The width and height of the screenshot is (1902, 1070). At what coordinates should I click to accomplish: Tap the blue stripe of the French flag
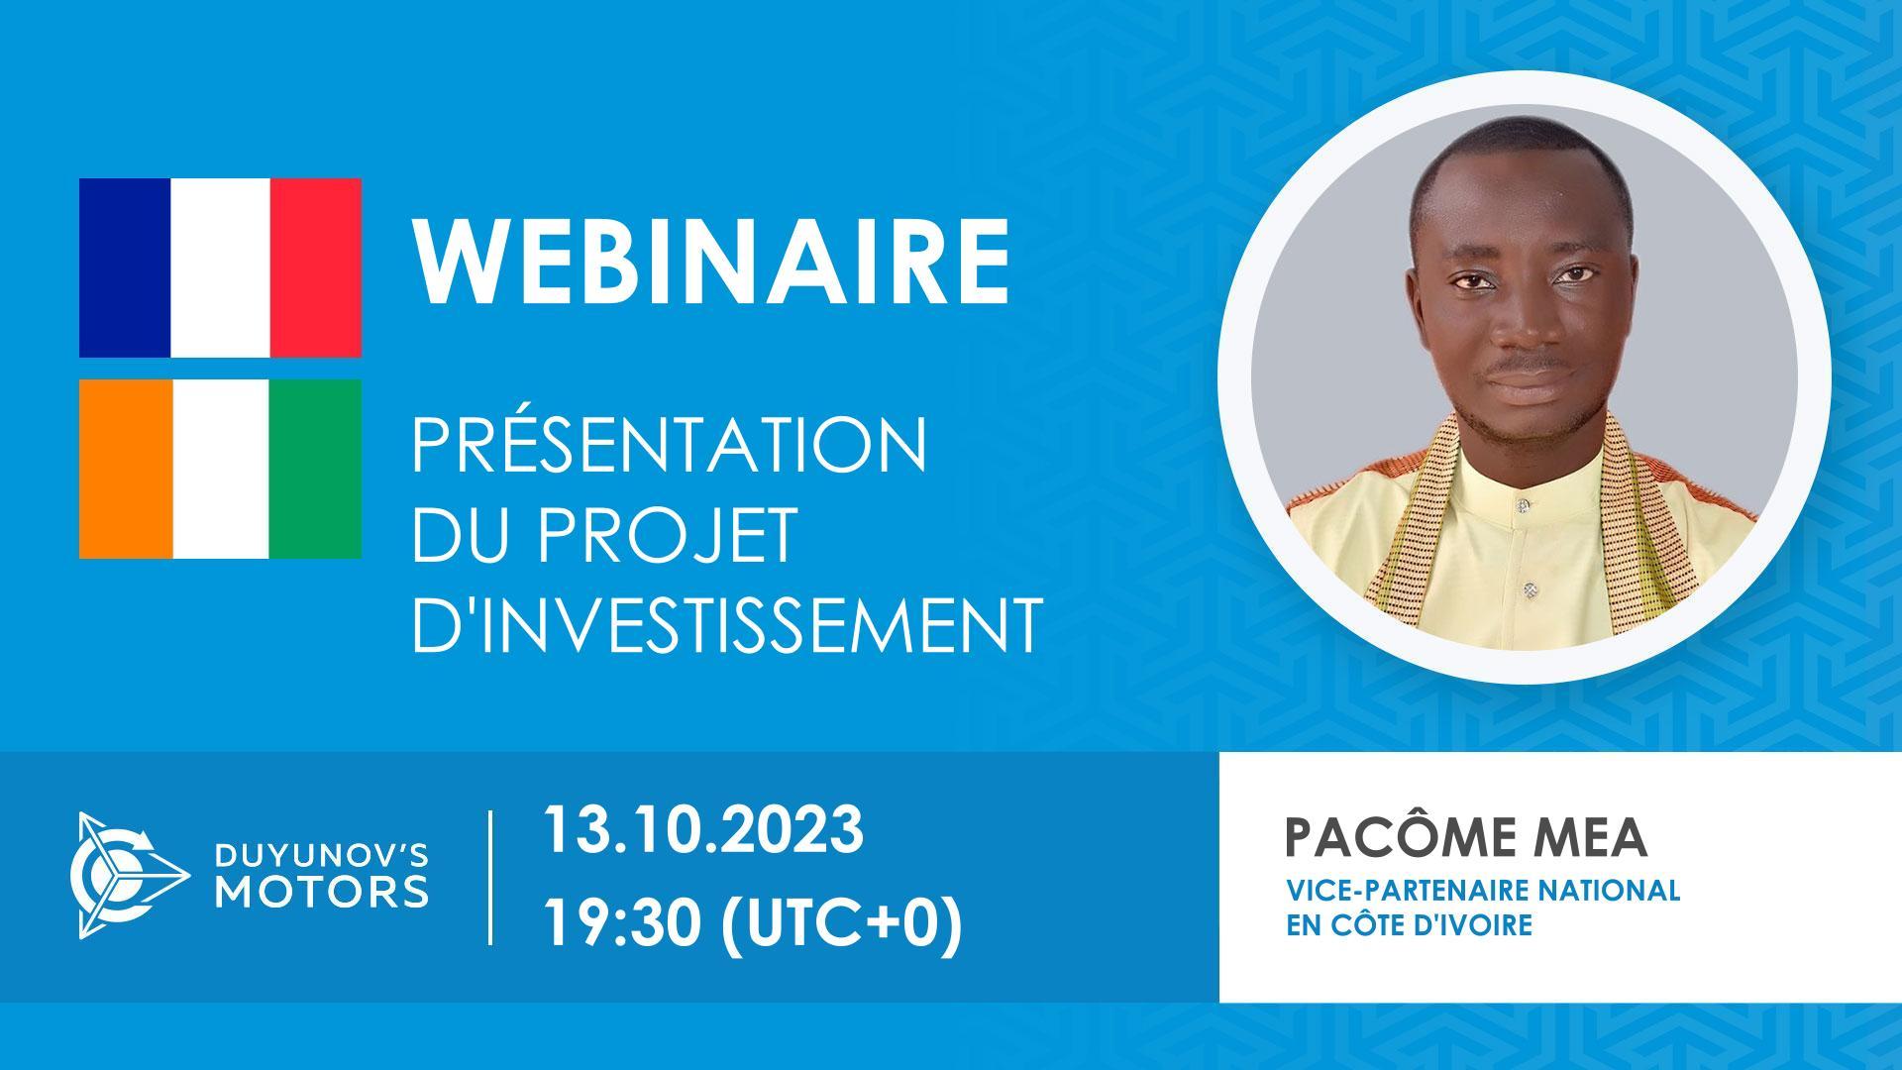click(x=125, y=267)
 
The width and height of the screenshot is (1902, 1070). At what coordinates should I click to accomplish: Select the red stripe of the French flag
click(x=315, y=267)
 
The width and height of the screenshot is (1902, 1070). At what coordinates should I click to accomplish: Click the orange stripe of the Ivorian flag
click(x=126, y=469)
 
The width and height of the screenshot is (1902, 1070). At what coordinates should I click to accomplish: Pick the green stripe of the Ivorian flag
click(x=315, y=469)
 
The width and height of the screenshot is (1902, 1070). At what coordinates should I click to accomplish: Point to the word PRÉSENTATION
click(x=670, y=447)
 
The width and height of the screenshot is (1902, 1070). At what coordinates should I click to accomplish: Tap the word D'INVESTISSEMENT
click(x=726, y=625)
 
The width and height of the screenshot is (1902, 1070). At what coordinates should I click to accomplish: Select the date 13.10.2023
click(x=702, y=830)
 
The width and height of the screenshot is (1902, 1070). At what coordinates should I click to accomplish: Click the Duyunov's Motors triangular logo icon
click(x=127, y=875)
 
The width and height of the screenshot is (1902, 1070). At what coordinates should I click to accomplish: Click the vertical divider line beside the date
click(x=491, y=877)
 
